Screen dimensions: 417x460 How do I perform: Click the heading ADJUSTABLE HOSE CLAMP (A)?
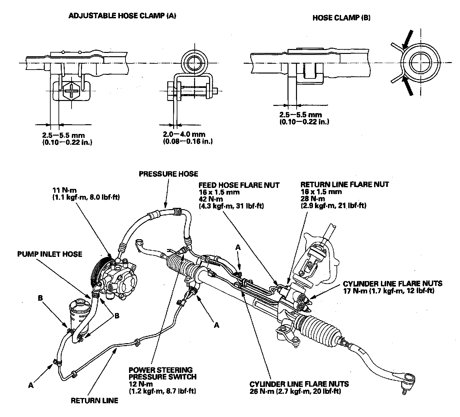tap(122, 16)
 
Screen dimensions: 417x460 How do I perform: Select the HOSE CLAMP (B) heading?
tap(341, 18)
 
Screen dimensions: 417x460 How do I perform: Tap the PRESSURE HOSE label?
tap(168, 174)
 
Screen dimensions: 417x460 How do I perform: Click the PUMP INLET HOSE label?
tap(50, 254)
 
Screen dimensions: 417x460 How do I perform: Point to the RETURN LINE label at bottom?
tap(94, 400)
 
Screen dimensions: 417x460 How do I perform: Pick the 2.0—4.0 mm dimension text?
tap(184, 134)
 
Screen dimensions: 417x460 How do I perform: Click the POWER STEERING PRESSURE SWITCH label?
tap(162, 373)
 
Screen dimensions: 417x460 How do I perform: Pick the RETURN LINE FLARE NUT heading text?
tap(345, 185)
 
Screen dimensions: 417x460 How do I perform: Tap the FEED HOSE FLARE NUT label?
tap(239, 185)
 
